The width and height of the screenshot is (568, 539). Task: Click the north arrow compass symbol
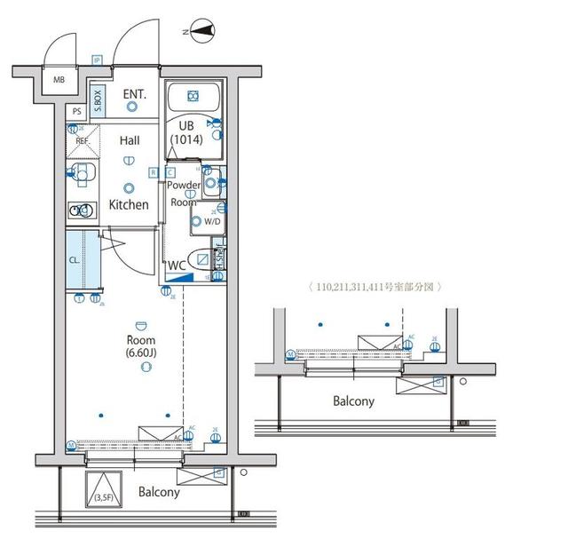[x=202, y=33]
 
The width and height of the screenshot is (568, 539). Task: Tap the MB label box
[x=59, y=80]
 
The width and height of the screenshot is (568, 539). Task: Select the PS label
[x=77, y=111]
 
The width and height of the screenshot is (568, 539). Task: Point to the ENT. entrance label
[x=135, y=93]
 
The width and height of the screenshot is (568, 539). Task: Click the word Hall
[x=130, y=139]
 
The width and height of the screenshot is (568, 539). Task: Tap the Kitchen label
[x=129, y=205]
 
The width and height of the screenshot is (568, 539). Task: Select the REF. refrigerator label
[x=82, y=141]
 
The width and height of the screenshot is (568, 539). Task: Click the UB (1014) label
[x=186, y=132]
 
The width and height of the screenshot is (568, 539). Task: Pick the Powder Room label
[x=184, y=194]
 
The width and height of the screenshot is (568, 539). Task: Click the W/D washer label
[x=212, y=220]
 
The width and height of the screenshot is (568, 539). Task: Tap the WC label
[x=177, y=265]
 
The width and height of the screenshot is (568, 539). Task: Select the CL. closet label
[x=75, y=259]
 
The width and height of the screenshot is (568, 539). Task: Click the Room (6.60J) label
[x=141, y=346]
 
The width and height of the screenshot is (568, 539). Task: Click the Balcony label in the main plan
[x=159, y=492]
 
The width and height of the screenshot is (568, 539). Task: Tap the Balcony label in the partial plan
[x=353, y=400]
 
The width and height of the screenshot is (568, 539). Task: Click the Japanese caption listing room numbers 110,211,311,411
[x=374, y=287]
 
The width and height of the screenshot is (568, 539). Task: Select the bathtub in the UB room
[x=194, y=96]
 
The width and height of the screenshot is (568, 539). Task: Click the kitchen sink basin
[x=82, y=210]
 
